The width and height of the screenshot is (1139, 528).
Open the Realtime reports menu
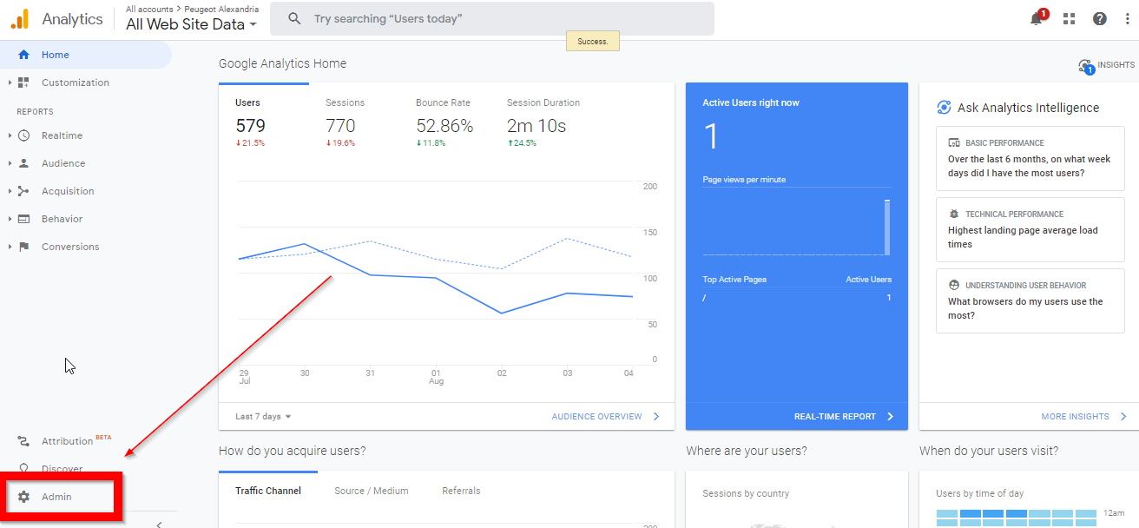click(62, 135)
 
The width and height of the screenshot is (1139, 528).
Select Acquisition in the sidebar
click(67, 191)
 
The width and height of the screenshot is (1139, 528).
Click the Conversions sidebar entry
click(69, 247)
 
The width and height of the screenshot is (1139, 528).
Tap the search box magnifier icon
click(295, 18)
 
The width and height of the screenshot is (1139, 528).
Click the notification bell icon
click(1036, 19)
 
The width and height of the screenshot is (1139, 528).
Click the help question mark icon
click(1099, 19)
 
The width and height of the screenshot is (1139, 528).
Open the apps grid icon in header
click(1068, 19)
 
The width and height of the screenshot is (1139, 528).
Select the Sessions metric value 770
click(340, 126)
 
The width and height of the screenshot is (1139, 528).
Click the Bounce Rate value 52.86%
click(444, 126)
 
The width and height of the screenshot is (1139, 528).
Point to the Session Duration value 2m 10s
click(536, 126)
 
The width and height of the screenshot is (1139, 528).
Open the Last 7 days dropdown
click(263, 417)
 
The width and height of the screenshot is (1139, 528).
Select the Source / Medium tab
click(371, 491)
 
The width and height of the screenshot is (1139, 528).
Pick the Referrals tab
click(461, 491)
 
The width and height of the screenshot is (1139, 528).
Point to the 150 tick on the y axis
click(649, 233)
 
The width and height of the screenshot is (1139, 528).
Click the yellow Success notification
click(592, 41)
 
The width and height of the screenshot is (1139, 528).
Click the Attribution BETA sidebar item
click(67, 441)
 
